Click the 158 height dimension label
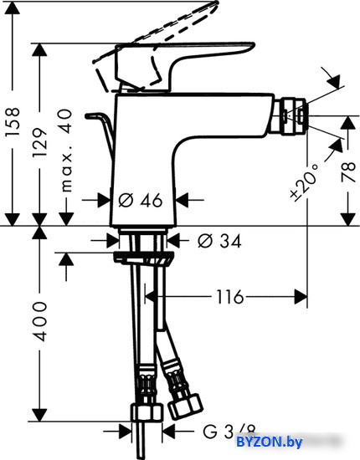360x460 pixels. click(13, 121)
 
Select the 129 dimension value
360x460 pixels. click(39, 142)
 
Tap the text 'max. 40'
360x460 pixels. click(66, 151)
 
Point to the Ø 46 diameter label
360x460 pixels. click(141, 201)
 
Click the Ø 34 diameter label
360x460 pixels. click(219, 241)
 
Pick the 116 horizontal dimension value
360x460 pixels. click(230, 297)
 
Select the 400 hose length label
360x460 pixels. click(39, 321)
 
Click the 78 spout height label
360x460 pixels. click(348, 172)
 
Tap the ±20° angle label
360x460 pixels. click(305, 183)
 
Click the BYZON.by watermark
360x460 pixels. click(269, 442)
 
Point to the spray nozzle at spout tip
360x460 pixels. click(293, 117)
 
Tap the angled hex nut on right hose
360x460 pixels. click(185, 406)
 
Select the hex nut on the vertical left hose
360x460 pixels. click(147, 412)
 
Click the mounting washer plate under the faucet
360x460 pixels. click(144, 258)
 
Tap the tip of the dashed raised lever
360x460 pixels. click(218, 3)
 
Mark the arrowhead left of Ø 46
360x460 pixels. click(104, 200)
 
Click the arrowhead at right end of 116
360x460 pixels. click(301, 297)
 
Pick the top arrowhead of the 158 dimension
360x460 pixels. click(13, 8)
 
